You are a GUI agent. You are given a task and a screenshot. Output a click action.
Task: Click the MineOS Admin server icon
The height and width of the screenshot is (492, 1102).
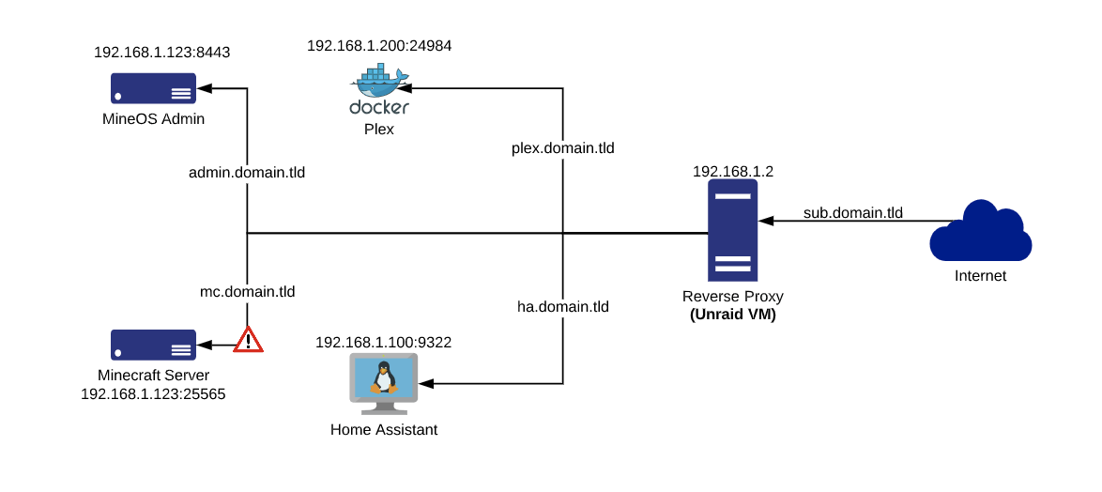click(153, 89)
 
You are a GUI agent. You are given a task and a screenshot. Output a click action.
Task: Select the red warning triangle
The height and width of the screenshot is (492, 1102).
click(248, 340)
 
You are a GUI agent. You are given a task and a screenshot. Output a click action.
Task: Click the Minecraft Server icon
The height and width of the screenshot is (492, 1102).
click(153, 345)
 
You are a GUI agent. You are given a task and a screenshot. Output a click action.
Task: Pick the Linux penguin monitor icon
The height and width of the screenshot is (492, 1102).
click(384, 379)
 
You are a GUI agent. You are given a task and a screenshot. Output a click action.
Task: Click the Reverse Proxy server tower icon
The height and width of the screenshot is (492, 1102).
click(732, 232)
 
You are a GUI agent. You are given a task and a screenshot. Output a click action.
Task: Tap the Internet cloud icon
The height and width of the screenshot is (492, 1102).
click(981, 232)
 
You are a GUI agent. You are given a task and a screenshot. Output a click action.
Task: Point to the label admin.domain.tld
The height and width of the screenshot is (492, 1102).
click(247, 173)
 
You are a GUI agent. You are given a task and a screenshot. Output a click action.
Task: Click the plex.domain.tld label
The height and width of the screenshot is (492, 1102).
click(563, 148)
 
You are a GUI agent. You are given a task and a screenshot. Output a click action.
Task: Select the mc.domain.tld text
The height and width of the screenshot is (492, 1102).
click(248, 292)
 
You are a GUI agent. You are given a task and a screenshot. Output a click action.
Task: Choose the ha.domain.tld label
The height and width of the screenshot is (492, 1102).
click(563, 306)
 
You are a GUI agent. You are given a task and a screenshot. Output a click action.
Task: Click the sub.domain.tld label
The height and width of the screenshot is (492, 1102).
click(852, 213)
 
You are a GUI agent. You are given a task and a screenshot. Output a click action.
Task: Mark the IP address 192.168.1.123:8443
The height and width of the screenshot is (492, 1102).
click(162, 53)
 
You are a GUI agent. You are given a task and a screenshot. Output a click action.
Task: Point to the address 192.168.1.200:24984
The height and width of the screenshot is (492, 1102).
click(380, 45)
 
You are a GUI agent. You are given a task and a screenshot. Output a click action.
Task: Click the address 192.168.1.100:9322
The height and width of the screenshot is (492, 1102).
click(384, 343)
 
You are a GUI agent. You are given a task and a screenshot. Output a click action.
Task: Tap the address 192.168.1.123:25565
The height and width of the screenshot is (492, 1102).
click(153, 394)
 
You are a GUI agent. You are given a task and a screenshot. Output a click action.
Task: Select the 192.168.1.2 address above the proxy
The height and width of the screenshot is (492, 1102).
click(732, 172)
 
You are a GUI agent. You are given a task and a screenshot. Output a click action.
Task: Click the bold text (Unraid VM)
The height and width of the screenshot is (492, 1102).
click(732, 315)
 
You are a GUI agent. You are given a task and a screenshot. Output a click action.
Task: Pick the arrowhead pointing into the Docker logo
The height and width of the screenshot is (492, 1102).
click(407, 89)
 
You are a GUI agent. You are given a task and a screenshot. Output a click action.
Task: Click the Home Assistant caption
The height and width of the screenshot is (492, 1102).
click(384, 430)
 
